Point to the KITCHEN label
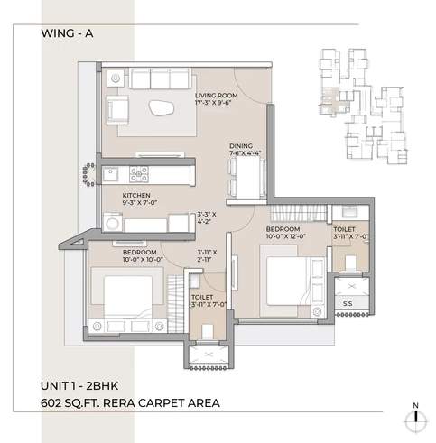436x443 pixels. pyautogui.click(x=136, y=195)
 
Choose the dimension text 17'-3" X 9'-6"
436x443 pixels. pyautogui.click(x=214, y=103)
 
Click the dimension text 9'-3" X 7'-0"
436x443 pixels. pyautogui.click(x=140, y=204)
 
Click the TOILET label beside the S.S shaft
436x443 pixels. pyautogui.click(x=346, y=231)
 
